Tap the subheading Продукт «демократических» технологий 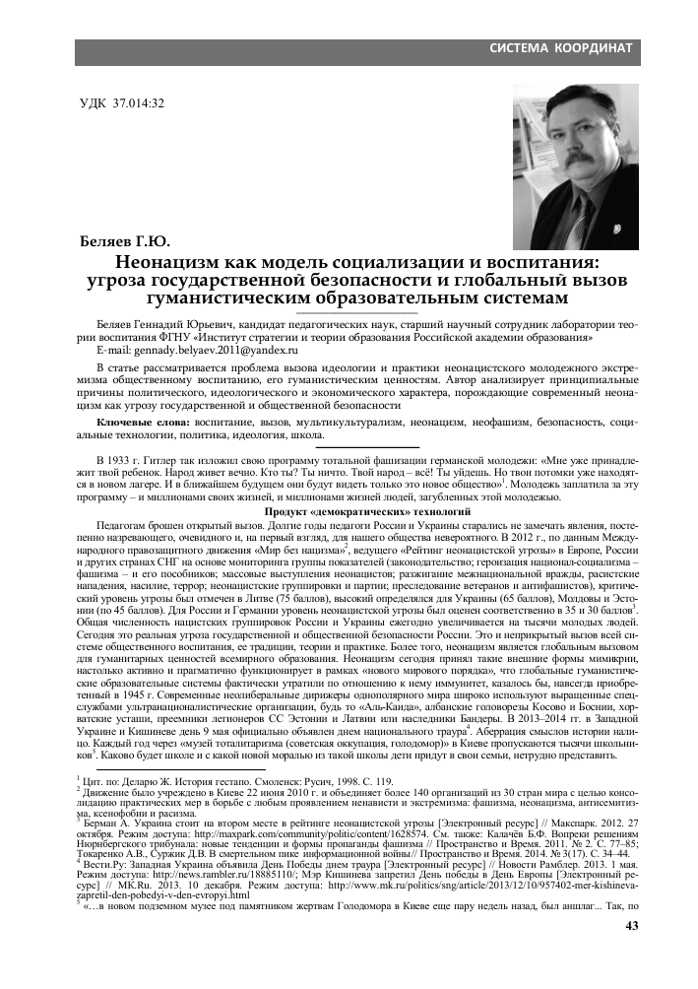pyautogui.click(x=349, y=513)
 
